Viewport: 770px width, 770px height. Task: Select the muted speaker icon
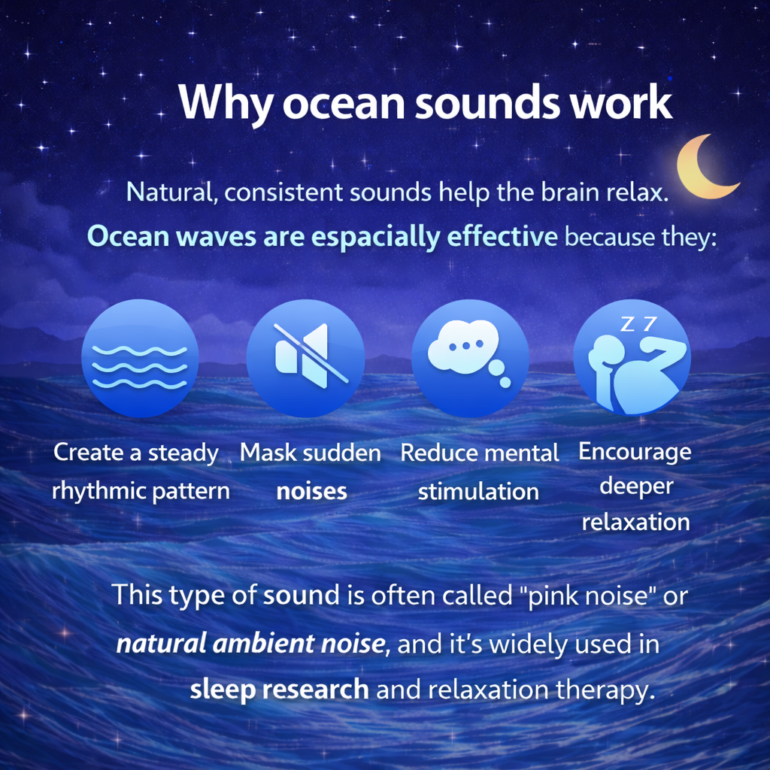305,358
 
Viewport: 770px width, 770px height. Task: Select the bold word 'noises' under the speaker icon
311,492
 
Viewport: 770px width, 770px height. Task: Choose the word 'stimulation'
478,492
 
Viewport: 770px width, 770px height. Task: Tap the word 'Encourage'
635,453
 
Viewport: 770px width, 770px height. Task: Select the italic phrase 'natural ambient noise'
250,644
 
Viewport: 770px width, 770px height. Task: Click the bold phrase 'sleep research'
279,689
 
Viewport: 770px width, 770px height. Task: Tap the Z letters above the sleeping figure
638,324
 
